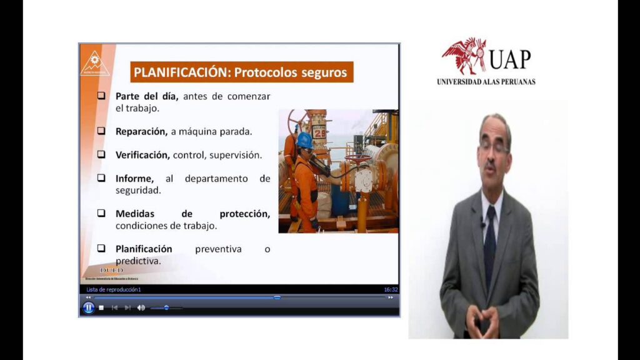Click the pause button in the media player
[x=89, y=307]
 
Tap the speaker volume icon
[x=141, y=307]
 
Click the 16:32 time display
[x=391, y=289]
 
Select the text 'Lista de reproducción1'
[x=114, y=289]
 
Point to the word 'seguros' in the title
[x=324, y=72]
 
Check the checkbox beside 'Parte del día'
[x=101, y=96]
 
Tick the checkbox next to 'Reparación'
[x=101, y=131]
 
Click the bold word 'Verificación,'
[x=142, y=154]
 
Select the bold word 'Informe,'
[x=134, y=178]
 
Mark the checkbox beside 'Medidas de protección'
[x=101, y=213]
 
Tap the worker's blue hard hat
[x=304, y=139]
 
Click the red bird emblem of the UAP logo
[x=464, y=56]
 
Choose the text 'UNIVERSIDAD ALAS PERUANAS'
[x=486, y=82]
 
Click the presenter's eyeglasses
[x=494, y=147]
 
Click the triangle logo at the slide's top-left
[x=95, y=62]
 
